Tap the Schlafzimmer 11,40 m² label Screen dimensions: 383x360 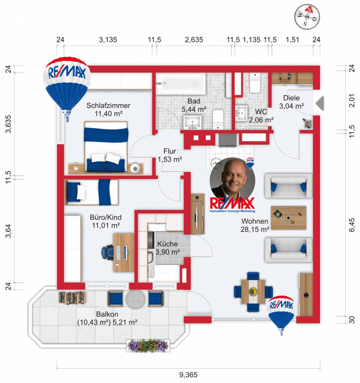[x=108, y=110]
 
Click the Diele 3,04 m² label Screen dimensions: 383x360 [x=291, y=102]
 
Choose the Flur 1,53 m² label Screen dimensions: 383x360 [x=170, y=155]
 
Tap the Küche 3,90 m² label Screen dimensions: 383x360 [x=168, y=248]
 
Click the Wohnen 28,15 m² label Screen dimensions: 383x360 [x=255, y=225]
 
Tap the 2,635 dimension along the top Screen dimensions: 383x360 [x=194, y=40]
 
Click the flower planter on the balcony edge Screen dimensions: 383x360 [x=148, y=345]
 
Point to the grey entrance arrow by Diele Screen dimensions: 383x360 [x=320, y=103]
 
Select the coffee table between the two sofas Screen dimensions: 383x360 [x=288, y=218]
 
